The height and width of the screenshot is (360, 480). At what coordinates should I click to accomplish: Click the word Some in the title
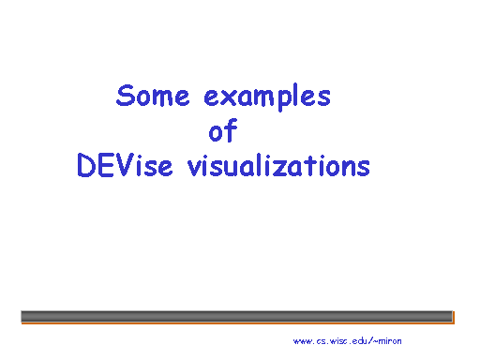click(x=153, y=96)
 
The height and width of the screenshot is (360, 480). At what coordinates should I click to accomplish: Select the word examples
click(x=267, y=97)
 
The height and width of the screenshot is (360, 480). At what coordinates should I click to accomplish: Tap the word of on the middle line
click(x=223, y=130)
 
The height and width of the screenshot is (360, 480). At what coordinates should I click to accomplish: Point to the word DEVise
click(x=125, y=165)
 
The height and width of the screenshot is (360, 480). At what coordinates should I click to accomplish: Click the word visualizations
click(x=278, y=165)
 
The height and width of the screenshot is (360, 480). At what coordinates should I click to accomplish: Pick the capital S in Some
click(x=126, y=96)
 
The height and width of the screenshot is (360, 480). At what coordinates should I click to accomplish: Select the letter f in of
click(x=232, y=129)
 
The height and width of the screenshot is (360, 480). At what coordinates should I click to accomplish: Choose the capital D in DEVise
click(x=86, y=165)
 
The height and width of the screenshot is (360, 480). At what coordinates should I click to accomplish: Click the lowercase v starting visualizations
click(x=195, y=168)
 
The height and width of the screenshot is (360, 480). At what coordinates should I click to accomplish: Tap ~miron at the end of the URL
click(x=388, y=340)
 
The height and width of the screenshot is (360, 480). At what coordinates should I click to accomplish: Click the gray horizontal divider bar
click(x=236, y=316)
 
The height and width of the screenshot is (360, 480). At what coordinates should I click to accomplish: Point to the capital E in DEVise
click(x=105, y=165)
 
